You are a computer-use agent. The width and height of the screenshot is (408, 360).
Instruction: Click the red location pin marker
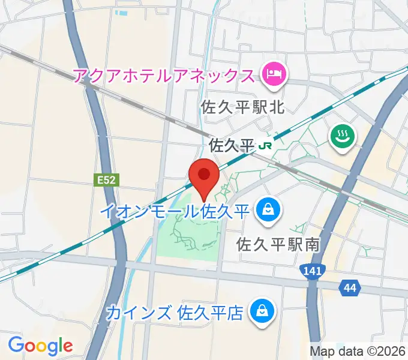click(204, 175)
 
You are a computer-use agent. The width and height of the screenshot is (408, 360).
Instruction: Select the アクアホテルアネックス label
click(164, 76)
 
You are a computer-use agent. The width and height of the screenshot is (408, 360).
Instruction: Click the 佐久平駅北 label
click(242, 107)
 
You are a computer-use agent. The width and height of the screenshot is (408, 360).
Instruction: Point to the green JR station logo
click(265, 145)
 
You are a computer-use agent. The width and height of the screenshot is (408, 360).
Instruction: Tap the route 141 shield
click(311, 271)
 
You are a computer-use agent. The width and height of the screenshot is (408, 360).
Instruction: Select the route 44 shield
click(349, 289)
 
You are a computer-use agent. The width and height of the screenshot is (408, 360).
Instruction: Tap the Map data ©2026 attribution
click(357, 351)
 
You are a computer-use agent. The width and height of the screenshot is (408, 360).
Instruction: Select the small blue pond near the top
click(122, 11)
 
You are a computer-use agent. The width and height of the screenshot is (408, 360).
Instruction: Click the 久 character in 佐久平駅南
click(262, 245)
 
